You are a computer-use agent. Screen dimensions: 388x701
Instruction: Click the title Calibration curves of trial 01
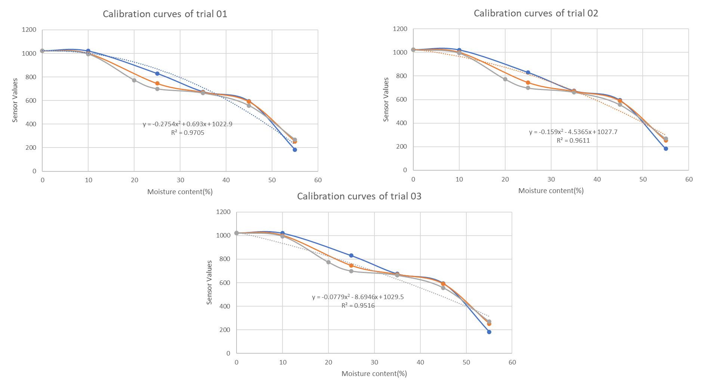165,14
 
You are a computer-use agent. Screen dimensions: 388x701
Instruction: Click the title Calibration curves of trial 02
536,13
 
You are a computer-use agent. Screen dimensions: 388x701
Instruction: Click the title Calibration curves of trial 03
359,196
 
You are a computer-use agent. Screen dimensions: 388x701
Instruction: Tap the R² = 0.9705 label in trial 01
188,133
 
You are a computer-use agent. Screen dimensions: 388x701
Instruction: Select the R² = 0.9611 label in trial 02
573,140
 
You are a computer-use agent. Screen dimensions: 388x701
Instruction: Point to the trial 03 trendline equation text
358,297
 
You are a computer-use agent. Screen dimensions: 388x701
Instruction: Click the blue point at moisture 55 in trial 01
295,150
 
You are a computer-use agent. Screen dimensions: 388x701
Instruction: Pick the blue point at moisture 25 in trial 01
157,74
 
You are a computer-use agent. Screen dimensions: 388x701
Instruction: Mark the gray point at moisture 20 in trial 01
134,80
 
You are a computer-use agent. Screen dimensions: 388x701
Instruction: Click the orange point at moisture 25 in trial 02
528,83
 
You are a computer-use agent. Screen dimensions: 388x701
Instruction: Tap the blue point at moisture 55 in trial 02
666,149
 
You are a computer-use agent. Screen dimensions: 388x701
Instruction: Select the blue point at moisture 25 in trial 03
351,255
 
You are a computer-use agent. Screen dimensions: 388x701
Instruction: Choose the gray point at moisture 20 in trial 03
328,262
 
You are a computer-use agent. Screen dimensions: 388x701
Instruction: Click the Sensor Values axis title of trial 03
209,282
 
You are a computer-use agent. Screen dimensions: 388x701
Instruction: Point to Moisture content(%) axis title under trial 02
551,190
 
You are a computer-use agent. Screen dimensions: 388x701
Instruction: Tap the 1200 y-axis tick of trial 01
29,30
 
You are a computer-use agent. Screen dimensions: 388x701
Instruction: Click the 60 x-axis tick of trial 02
689,179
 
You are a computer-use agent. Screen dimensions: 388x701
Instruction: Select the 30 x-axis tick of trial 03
374,362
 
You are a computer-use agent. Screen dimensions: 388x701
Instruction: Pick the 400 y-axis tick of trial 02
400,123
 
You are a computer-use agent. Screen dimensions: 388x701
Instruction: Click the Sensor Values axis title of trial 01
15,100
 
